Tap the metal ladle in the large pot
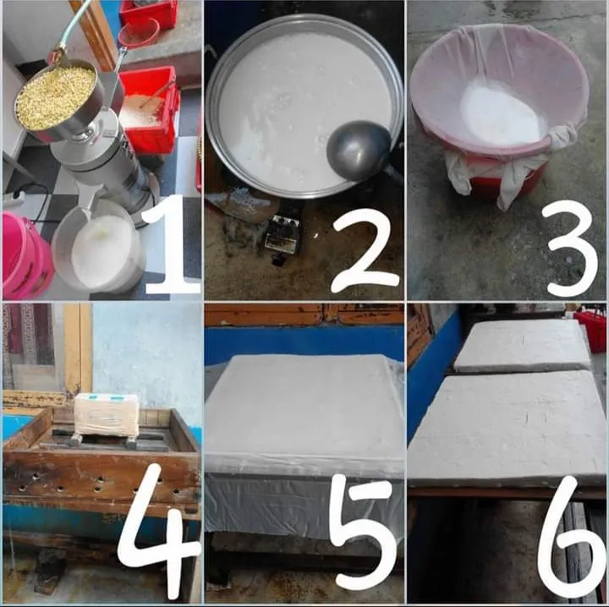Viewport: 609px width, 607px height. [x=359, y=150]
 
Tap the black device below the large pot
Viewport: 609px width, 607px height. [x=281, y=237]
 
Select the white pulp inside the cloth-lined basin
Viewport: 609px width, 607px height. [x=500, y=112]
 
